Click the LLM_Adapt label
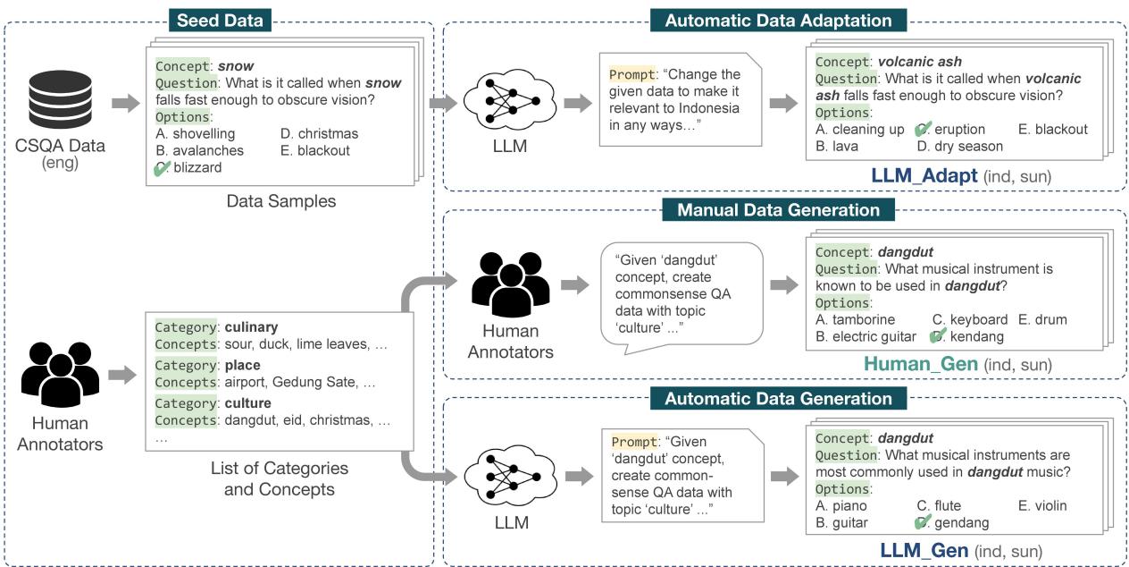(925, 176)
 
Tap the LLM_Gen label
(924, 551)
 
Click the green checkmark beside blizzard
(162, 167)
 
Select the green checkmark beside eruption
(924, 130)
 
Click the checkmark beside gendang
(924, 523)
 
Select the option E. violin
(1042, 506)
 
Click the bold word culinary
(251, 327)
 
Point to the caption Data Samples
(281, 201)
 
